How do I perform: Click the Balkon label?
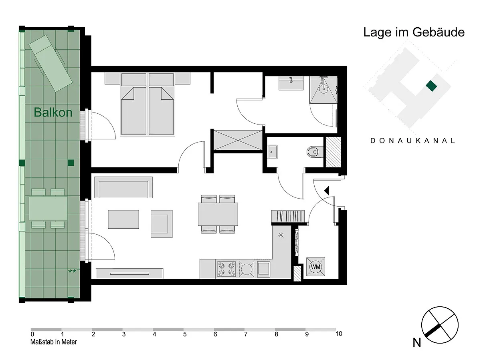[53, 112]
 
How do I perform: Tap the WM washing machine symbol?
[315, 267]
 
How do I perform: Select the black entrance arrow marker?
[327, 191]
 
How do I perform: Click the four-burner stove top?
[226, 269]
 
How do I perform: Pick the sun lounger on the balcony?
[51, 63]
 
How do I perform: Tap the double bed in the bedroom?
[147, 104]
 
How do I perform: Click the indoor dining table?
[218, 214]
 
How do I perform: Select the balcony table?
[48, 209]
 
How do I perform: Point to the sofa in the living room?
[123, 187]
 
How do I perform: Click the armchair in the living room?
[162, 224]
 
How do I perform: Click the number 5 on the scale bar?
[185, 334]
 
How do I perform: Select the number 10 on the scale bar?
[339, 334]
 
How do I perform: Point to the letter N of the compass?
[417, 343]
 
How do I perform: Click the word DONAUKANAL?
[412, 141]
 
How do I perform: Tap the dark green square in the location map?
[431, 86]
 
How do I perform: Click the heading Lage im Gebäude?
[414, 32]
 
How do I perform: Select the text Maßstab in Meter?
[54, 342]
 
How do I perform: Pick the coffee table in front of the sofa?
[123, 219]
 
